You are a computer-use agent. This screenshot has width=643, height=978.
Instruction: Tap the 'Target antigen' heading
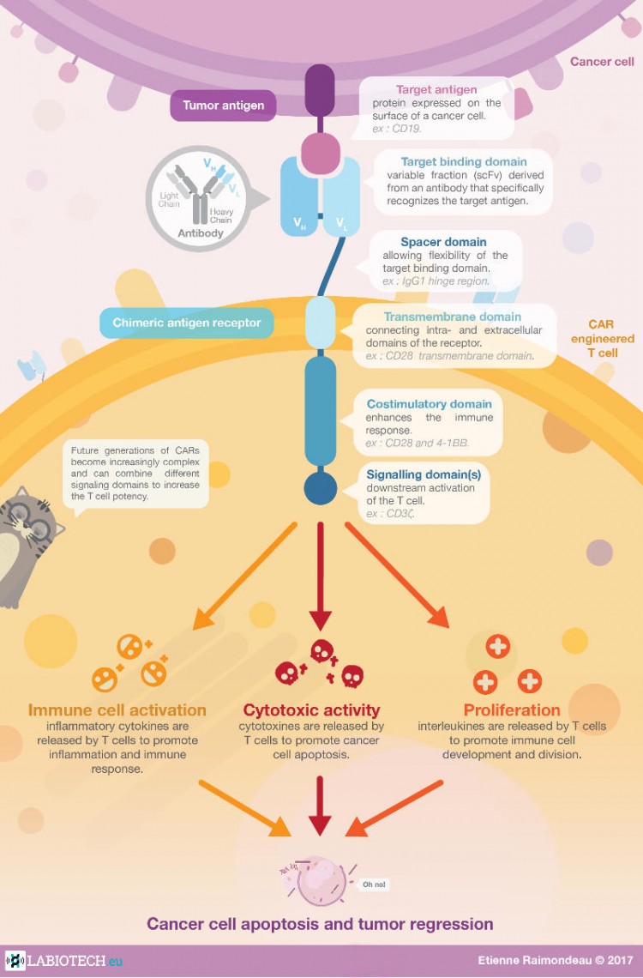tap(436, 89)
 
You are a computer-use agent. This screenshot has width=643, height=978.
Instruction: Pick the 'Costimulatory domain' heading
tap(429, 403)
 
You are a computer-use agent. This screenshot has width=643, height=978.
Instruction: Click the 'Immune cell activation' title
tap(117, 709)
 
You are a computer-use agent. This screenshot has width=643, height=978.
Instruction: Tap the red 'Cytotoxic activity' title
tap(311, 709)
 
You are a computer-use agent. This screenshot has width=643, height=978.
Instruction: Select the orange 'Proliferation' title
tap(512, 709)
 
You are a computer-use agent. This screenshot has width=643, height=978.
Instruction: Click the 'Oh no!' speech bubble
tap(373, 884)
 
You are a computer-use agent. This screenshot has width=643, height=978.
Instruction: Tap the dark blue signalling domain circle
tap(320, 488)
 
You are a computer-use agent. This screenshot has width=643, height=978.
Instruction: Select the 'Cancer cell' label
tap(602, 62)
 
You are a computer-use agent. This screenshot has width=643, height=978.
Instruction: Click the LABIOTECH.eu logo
tap(63, 961)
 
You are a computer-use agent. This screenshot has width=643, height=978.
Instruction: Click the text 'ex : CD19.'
tap(397, 129)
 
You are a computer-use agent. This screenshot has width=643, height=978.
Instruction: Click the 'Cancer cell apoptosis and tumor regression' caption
tap(320, 924)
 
